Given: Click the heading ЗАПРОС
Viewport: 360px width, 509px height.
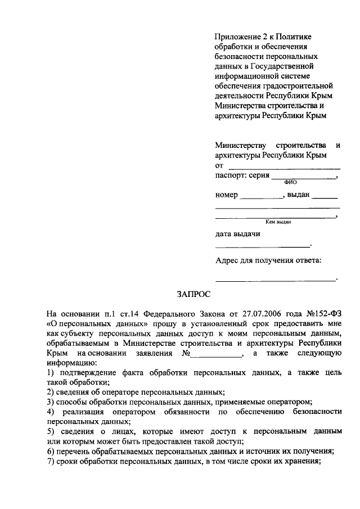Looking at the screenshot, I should (x=193, y=294).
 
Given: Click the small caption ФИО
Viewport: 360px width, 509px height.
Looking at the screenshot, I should (x=291, y=182).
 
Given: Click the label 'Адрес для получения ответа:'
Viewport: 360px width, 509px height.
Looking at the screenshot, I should (x=269, y=260).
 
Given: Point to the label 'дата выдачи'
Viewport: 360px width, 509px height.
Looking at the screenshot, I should (x=238, y=233).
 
